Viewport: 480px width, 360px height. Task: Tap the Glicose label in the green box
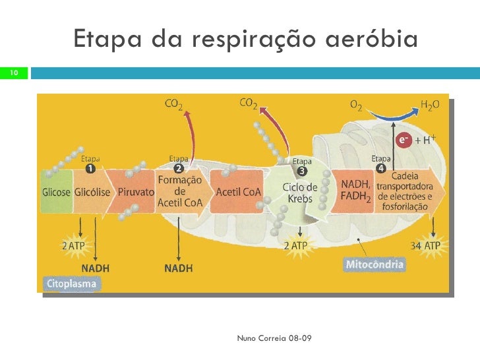[57, 193]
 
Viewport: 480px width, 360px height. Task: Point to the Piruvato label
[136, 193]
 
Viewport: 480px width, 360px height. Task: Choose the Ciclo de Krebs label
[300, 193]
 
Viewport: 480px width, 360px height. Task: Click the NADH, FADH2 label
[356, 188]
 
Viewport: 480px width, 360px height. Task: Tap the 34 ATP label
[425, 246]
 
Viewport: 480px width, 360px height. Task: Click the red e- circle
[403, 140]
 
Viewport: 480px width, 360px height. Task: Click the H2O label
[430, 105]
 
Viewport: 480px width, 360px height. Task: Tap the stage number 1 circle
[90, 168]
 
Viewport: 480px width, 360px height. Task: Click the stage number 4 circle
[380, 169]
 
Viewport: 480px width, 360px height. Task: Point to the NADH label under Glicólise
[95, 268]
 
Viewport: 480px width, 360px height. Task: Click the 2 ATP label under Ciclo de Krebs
[296, 246]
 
